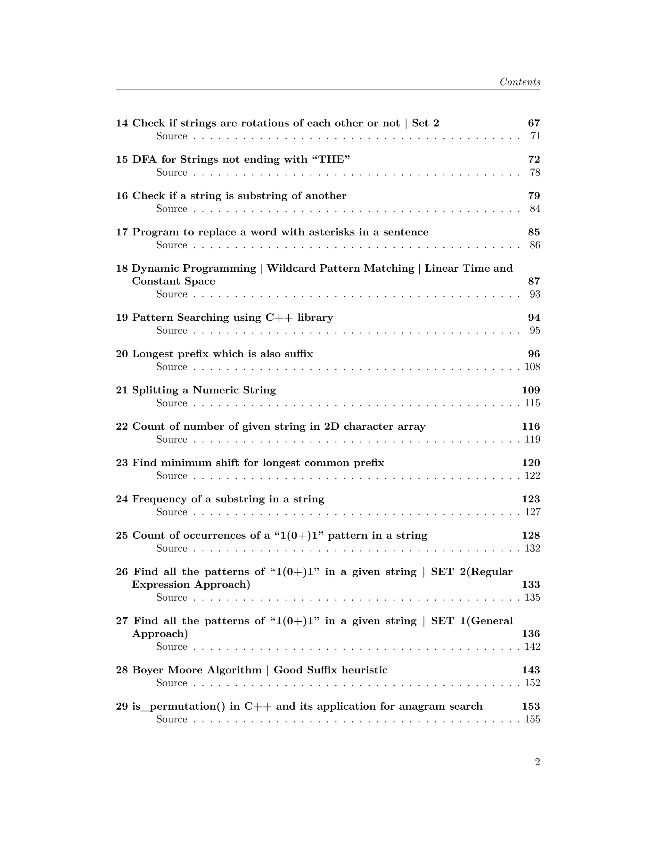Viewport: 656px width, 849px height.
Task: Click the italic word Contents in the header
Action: (520, 82)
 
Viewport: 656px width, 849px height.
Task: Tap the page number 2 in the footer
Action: (537, 762)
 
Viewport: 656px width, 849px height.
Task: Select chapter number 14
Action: (122, 123)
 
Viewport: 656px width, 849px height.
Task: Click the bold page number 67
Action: (534, 123)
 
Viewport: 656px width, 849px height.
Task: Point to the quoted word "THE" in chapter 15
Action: (331, 159)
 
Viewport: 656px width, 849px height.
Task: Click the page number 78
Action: (535, 172)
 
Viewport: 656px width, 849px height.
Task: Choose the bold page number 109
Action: (531, 390)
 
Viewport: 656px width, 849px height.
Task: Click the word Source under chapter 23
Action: (171, 475)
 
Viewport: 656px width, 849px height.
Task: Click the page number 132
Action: (532, 548)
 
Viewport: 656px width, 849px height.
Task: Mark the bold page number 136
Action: (531, 634)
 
